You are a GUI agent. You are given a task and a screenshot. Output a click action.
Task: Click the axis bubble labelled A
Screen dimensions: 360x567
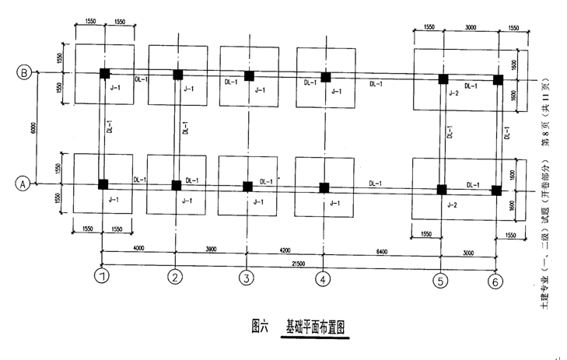click(23, 184)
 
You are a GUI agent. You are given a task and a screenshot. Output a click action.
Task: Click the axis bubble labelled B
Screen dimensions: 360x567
click(24, 73)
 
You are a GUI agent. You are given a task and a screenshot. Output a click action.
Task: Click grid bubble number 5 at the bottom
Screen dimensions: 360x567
click(441, 281)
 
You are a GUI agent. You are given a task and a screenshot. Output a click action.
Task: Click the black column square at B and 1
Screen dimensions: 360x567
click(104, 74)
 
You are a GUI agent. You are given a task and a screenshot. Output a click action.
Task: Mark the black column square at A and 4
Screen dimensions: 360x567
click(324, 187)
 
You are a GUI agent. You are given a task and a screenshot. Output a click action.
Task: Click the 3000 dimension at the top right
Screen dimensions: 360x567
click(471, 27)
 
